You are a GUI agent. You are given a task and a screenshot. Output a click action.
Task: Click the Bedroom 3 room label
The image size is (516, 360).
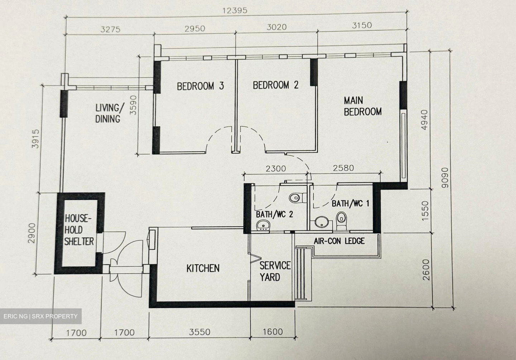tap(200, 86)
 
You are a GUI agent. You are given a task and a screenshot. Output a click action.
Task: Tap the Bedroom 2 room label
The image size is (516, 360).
tap(276, 85)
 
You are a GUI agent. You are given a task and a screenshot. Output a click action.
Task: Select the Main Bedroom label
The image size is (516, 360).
tap(362, 106)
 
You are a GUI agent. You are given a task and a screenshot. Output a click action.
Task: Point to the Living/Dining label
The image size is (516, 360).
tap(108, 113)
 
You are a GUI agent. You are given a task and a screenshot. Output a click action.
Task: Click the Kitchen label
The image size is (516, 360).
tap(203, 268)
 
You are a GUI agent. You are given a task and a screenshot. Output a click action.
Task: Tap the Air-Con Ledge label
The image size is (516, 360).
tap(339, 241)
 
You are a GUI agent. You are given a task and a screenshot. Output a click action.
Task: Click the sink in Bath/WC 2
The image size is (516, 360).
tap(264, 226)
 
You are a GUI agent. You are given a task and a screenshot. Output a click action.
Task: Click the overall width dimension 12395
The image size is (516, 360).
tap(235, 10)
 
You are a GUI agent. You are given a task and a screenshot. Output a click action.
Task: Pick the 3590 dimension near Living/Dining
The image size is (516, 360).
tap(133, 105)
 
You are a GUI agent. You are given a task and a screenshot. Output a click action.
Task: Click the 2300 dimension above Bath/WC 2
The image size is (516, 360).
tap(276, 168)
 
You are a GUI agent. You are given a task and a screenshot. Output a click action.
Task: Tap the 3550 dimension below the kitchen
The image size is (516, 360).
tap(200, 332)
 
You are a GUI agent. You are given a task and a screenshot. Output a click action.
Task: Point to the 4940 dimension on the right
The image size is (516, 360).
tap(425, 120)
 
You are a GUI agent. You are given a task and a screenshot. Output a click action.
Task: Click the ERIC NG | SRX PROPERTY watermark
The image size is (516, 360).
tap(40, 316)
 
